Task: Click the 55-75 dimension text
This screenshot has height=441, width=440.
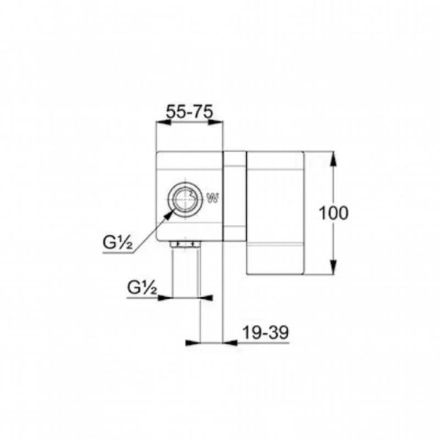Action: pyautogui.click(x=190, y=112)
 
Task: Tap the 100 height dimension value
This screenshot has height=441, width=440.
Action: pyautogui.click(x=333, y=212)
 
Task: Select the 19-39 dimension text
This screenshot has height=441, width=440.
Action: pyautogui.click(x=265, y=333)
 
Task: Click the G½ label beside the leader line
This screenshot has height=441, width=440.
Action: pyautogui.click(x=118, y=243)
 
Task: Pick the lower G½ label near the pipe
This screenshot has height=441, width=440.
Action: pyautogui.click(x=142, y=287)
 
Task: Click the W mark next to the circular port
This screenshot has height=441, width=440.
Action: pyautogui.click(x=212, y=198)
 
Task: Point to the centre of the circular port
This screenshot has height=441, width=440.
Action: pyautogui.click(x=184, y=199)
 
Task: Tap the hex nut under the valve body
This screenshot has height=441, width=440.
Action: pyautogui.click(x=184, y=244)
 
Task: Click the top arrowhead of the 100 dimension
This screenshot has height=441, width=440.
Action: pyautogui.click(x=333, y=160)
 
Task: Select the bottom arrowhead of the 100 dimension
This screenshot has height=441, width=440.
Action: pyautogui.click(x=333, y=266)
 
